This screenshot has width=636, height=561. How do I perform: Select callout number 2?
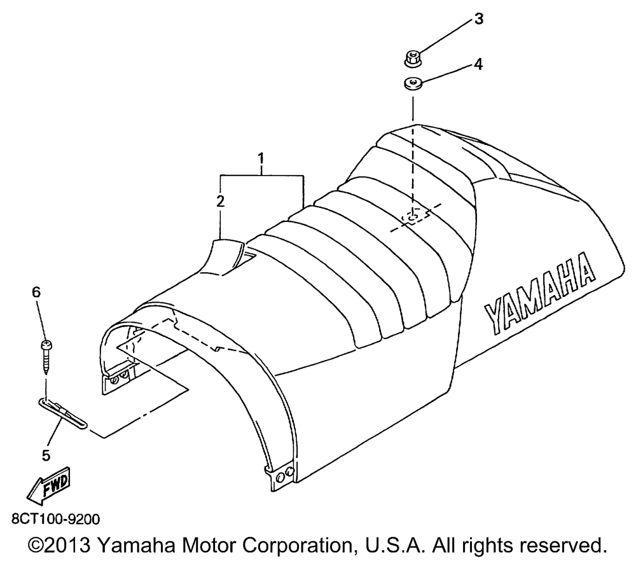pyautogui.click(x=220, y=200)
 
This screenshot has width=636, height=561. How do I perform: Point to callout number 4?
pyautogui.click(x=478, y=64)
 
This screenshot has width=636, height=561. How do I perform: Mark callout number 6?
pyautogui.click(x=36, y=292)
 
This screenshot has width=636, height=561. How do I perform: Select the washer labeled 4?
pyautogui.click(x=411, y=83)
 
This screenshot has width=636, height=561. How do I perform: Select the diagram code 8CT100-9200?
pyautogui.click(x=55, y=520)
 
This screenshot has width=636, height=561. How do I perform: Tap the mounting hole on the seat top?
pyautogui.click(x=412, y=218)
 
